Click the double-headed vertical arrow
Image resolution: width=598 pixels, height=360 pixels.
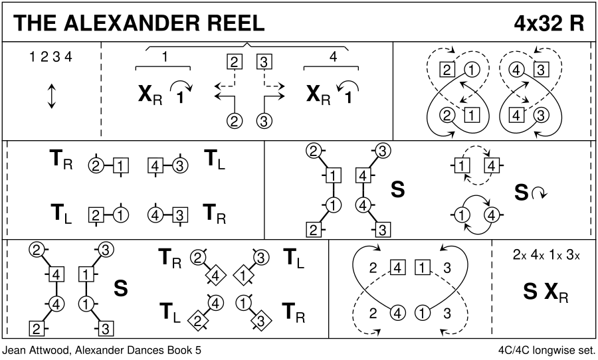pos(51,96)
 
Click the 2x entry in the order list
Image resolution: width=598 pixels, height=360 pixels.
pos(520,255)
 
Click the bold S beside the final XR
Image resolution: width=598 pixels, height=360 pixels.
pos(530,292)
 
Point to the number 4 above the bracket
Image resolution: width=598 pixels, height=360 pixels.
pos(333,58)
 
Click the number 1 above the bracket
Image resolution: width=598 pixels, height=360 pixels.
pos(164,58)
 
